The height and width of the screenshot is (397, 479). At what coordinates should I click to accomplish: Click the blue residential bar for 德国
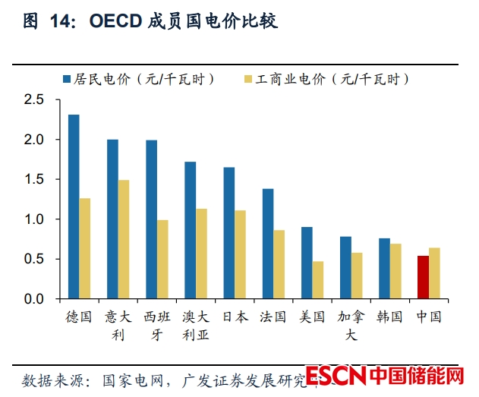coord(74,206)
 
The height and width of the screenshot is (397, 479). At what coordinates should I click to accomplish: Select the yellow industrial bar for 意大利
coord(124,239)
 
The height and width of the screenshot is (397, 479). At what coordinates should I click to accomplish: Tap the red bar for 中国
coord(423,277)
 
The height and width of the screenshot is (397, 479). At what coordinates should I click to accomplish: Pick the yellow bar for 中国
coord(434,273)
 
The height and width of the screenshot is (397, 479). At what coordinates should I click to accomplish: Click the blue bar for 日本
coord(228,232)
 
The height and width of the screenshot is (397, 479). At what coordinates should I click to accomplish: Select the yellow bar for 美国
coord(317,280)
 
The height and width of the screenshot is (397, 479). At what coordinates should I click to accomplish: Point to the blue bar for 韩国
coord(384,269)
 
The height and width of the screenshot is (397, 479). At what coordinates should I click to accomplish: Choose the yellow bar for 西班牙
coord(162,259)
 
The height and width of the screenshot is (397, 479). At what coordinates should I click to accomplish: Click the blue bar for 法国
coord(267,244)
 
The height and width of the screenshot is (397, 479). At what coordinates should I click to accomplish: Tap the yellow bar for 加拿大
coord(357,276)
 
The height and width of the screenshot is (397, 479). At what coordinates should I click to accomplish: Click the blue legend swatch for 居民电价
coord(66,79)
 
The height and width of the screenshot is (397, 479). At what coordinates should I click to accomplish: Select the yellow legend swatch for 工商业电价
coord(248,79)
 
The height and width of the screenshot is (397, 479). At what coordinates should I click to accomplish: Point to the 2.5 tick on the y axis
coord(35,100)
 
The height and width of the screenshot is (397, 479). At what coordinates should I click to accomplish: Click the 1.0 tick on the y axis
coord(35,219)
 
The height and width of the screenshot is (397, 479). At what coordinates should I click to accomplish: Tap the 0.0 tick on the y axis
coord(35,299)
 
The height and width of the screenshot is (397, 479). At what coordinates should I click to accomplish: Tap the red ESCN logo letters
coord(337,376)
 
